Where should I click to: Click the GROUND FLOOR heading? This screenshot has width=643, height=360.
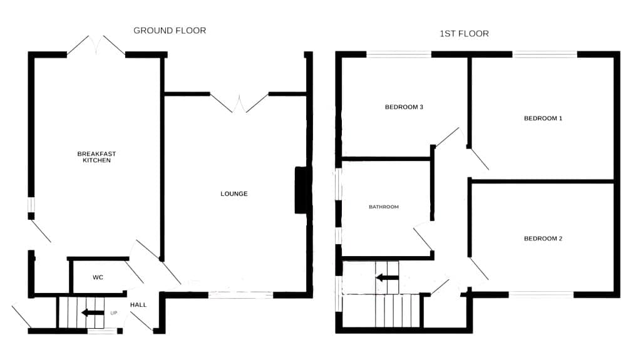click(170, 30)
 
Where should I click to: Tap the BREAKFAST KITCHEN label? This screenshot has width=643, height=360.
click(96, 157)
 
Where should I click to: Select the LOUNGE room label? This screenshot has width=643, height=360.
click(234, 193)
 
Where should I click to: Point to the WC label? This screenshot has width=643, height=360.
click(98, 277)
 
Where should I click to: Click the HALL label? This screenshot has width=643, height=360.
click(138, 305)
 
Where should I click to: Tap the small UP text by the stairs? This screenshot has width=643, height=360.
click(114, 312)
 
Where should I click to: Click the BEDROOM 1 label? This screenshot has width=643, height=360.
click(543, 118)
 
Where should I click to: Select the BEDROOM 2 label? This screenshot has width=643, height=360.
click(543, 239)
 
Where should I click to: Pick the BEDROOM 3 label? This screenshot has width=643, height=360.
click(404, 107)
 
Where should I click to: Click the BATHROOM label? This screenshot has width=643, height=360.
click(383, 207)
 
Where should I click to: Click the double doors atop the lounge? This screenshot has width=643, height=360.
click(239, 103)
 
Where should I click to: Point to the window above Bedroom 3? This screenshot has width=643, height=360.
click(399, 54)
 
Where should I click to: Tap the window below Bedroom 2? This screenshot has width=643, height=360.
click(541, 294)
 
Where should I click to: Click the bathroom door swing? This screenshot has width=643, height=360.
click(423, 238)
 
